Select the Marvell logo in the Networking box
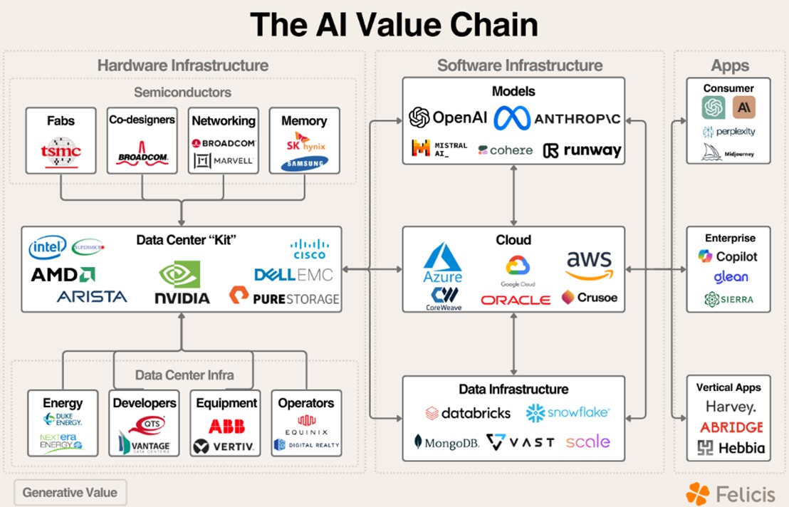coord(224,161)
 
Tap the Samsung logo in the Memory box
coord(304,164)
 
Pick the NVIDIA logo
coord(182,283)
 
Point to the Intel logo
coord(48,248)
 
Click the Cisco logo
coord(308,249)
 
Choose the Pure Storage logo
coord(284,297)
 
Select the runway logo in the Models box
coord(582,150)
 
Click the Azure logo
coord(443,263)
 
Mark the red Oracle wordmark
coord(516,300)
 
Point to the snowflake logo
coord(568,412)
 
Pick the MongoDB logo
coord(446,443)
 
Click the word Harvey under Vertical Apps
coord(730,407)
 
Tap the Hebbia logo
coord(731,448)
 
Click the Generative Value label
coord(69,492)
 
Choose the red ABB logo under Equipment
coord(226,427)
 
